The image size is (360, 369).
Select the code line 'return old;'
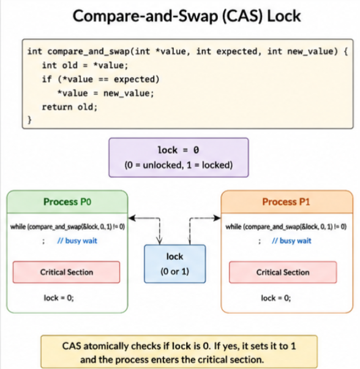pyautogui.click(x=70, y=107)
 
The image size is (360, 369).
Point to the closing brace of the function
pyautogui.click(x=29, y=120)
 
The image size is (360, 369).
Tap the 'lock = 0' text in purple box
pyautogui.click(x=179, y=150)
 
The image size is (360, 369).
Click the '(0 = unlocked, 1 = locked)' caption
pyautogui.click(x=179, y=165)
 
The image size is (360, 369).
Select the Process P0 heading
pyautogui.click(x=67, y=202)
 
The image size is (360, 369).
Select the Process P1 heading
pyautogui.click(x=286, y=202)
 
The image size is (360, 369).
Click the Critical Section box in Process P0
pyautogui.click(x=66, y=272)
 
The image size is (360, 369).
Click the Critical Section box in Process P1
pyautogui.click(x=283, y=272)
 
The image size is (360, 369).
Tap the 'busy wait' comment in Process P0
pyautogui.click(x=77, y=241)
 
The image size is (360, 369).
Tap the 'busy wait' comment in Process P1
pyautogui.click(x=291, y=241)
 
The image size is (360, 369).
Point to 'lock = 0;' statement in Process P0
pyautogui.click(x=59, y=298)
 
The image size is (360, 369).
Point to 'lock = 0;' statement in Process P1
pyautogui.click(x=276, y=298)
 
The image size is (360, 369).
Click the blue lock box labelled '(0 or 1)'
pyautogui.click(x=175, y=264)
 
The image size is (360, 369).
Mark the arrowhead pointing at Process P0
pyautogui.click(x=132, y=218)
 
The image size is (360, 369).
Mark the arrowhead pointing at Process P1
pyautogui.click(x=217, y=218)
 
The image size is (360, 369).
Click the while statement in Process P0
pyautogui.click(x=67, y=227)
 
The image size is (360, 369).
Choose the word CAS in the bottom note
pyautogui.click(x=72, y=346)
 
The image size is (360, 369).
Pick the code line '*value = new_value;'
pyautogui.click(x=106, y=93)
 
